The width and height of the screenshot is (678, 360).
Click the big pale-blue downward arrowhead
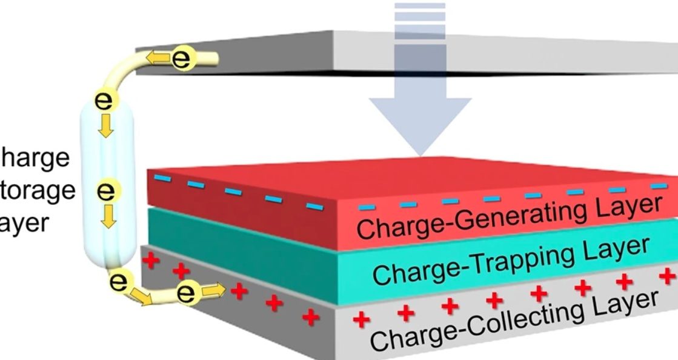[420, 124]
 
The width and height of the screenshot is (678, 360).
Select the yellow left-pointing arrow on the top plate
[159, 58]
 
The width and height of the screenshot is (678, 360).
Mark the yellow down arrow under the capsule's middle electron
[108, 215]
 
